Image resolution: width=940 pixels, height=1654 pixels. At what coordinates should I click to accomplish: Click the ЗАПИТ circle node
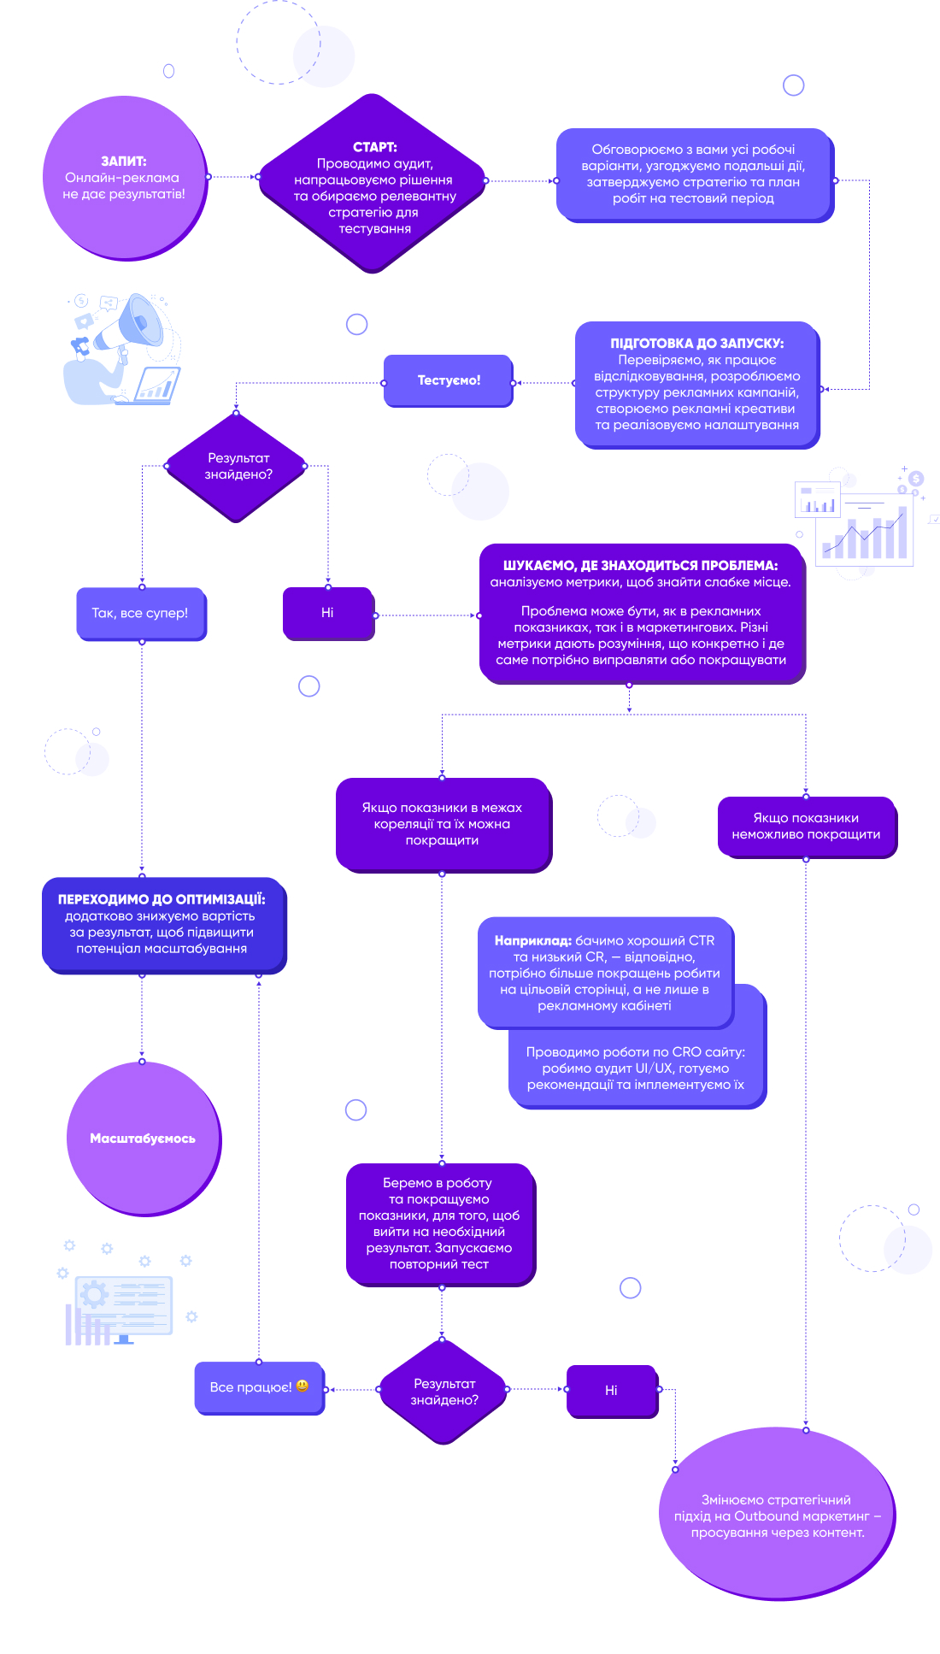(125, 178)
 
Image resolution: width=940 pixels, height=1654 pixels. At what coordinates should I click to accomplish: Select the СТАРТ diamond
(373, 183)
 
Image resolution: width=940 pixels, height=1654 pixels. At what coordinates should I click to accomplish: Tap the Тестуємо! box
(449, 380)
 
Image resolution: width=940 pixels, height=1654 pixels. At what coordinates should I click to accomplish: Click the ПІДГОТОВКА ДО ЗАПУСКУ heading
(696, 344)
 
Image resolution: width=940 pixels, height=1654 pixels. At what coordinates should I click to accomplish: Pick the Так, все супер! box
(141, 614)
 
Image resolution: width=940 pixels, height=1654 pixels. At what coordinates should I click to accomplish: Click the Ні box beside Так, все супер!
(328, 613)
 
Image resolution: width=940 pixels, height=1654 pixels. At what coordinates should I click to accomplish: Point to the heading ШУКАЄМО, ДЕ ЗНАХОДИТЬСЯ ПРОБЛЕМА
(640, 566)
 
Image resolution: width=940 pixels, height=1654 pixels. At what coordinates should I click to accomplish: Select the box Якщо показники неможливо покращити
(807, 827)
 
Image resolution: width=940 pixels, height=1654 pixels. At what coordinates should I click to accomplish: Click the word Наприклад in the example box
(532, 940)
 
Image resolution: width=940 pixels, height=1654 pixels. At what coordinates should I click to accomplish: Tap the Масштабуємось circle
(144, 1139)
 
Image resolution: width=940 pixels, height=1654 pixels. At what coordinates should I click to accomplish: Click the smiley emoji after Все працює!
(303, 1386)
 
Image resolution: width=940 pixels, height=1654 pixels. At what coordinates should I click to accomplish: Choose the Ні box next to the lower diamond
(612, 1391)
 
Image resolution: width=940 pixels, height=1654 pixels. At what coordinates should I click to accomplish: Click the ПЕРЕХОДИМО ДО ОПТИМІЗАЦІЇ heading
(162, 899)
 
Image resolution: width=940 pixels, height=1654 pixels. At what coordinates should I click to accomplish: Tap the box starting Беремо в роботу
(440, 1224)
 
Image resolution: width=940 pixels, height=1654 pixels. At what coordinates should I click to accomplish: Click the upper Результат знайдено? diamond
(237, 467)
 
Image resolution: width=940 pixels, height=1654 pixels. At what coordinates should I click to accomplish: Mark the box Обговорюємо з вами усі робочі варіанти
(694, 174)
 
